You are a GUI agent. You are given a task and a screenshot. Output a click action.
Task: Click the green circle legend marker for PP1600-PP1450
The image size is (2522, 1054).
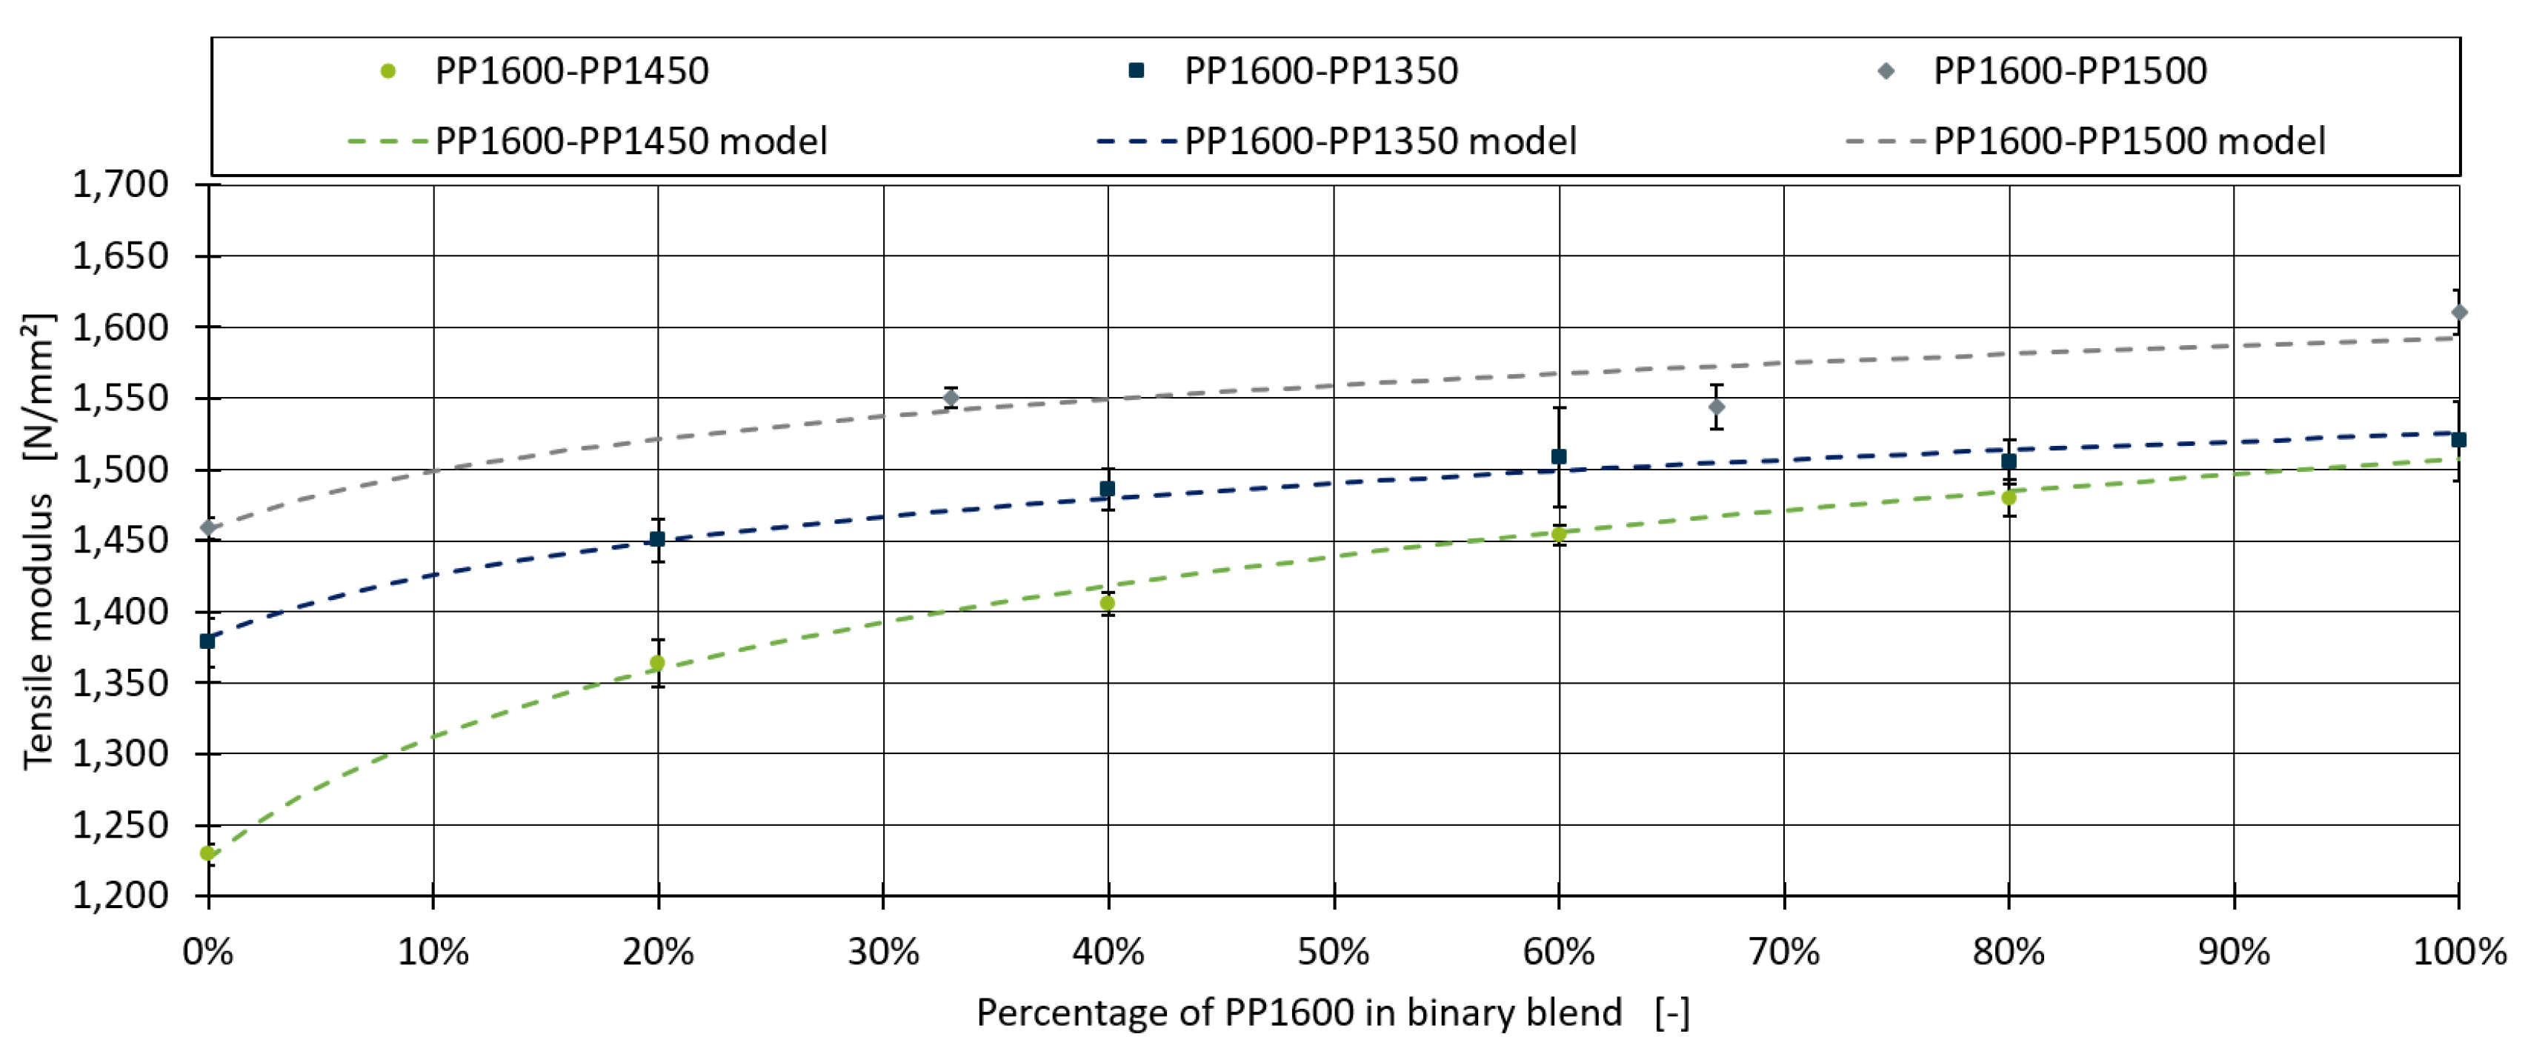387,70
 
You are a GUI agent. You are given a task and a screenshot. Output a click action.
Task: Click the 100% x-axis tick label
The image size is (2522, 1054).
2458,951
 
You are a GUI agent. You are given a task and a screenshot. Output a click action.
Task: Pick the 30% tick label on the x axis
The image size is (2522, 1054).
883,951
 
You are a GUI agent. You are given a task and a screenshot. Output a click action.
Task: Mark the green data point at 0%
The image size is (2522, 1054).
207,853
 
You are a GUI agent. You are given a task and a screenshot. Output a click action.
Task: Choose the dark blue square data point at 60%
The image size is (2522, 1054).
1559,457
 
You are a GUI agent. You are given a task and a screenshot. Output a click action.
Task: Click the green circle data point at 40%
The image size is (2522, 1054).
1108,604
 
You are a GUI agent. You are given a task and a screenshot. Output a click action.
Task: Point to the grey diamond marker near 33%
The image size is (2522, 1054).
951,397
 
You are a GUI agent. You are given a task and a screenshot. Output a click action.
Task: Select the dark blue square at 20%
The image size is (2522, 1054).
658,539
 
